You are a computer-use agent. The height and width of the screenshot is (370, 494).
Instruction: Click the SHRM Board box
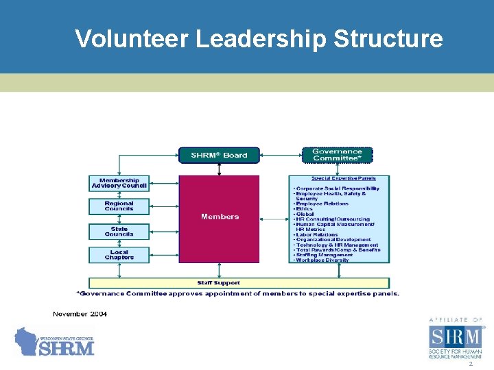(219, 155)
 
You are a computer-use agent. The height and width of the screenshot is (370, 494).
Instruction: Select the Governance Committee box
(337, 155)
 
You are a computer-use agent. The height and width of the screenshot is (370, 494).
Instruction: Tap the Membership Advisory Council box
(119, 183)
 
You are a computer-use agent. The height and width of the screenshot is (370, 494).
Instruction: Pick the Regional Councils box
(119, 206)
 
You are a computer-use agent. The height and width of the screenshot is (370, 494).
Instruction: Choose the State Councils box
(119, 232)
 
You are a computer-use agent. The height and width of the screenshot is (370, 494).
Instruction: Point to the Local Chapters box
(119, 255)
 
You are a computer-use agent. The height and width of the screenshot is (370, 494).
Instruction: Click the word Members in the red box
(220, 217)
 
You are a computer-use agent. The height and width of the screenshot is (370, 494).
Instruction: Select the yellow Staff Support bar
(239, 282)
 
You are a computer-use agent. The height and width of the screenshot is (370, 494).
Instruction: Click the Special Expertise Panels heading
(339, 178)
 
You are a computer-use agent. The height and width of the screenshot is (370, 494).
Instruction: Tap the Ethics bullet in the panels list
(303, 209)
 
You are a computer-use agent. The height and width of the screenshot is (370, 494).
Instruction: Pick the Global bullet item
(305, 214)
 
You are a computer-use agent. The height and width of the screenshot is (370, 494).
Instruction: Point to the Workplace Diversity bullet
(322, 260)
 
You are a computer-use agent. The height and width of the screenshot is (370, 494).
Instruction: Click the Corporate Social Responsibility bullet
(336, 188)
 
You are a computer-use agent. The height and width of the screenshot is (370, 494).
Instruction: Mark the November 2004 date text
(80, 314)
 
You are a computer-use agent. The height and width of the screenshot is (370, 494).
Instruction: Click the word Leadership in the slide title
(261, 39)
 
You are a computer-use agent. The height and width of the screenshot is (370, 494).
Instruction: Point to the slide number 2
(471, 365)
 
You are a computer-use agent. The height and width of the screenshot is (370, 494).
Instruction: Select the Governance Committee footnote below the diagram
(237, 293)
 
